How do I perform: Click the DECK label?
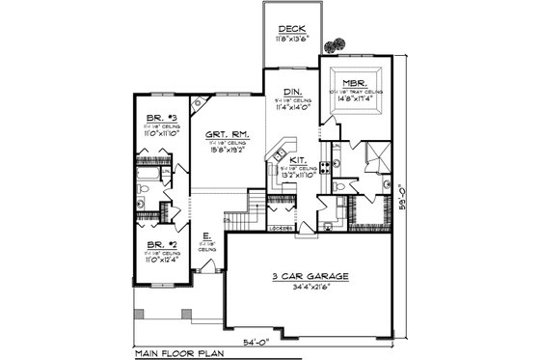(292, 29)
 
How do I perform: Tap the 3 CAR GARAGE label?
(310, 276)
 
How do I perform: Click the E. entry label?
(206, 235)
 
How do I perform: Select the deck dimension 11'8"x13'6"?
(292, 39)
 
